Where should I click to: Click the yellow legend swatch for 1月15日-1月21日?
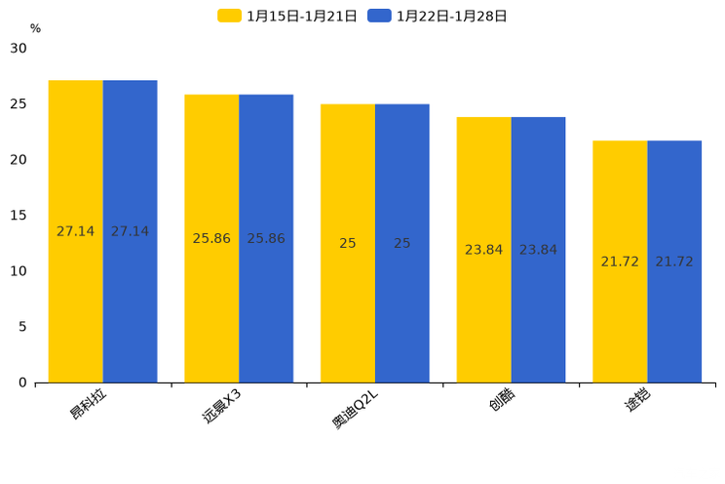click(229, 16)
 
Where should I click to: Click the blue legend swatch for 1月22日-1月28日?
click(379, 16)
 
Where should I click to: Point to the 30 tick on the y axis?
click(19, 48)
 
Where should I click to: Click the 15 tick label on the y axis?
click(19, 216)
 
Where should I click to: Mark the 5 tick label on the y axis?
click(22, 327)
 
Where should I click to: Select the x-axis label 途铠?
click(637, 401)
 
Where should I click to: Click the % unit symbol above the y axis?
click(35, 28)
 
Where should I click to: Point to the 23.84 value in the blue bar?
click(538, 250)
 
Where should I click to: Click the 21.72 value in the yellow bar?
click(620, 262)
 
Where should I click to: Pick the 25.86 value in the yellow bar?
click(211, 238)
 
